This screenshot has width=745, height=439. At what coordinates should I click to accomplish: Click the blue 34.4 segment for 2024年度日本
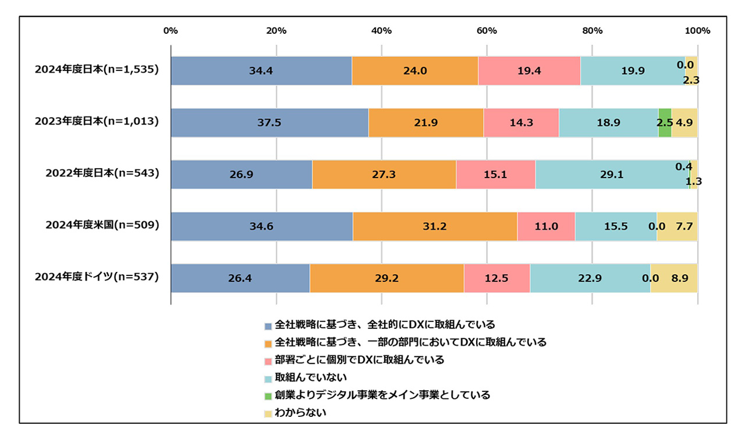[261, 71]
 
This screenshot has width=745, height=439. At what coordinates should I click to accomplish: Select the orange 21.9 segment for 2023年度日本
[426, 123]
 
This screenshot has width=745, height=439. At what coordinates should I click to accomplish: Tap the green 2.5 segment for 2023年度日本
[665, 123]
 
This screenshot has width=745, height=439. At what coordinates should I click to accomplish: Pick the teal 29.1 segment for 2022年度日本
[612, 175]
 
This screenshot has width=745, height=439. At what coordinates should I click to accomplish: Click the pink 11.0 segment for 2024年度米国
[546, 226]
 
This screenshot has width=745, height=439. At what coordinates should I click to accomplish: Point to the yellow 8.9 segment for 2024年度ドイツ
[673, 278]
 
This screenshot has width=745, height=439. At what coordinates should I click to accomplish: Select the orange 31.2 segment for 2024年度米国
[435, 226]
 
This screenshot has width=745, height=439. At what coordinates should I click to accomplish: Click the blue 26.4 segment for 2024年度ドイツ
[240, 278]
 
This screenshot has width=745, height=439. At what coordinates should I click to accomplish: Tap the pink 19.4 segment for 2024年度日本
[529, 71]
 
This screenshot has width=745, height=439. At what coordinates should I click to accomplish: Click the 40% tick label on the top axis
[381, 31]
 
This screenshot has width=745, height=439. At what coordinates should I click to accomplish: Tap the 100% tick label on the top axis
[697, 31]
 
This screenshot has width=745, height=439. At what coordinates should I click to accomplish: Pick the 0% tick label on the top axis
[171, 31]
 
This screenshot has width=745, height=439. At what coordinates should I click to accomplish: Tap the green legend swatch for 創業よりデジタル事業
[268, 396]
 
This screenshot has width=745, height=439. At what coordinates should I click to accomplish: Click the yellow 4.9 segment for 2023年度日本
[684, 123]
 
